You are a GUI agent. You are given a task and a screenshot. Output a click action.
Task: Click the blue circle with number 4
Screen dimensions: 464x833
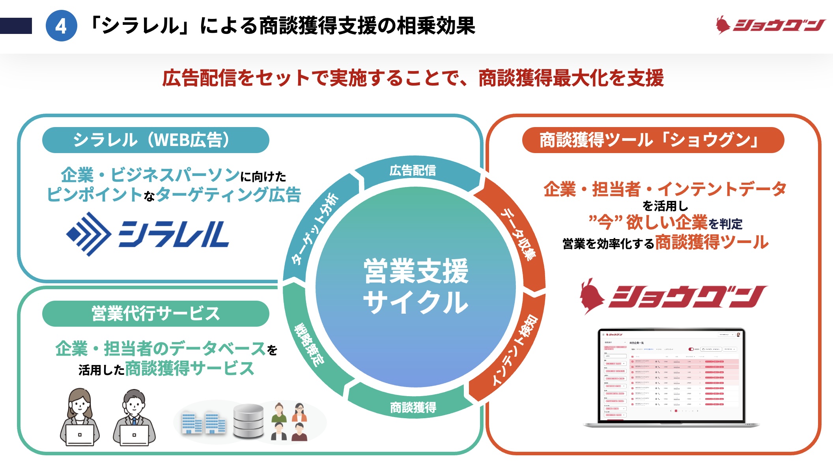61,26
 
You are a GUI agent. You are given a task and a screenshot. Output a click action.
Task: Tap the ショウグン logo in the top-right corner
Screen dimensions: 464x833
770,25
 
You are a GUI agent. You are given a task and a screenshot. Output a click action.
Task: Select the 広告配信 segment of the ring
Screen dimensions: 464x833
413,171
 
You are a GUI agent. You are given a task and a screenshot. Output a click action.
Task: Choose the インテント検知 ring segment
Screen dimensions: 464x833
515,350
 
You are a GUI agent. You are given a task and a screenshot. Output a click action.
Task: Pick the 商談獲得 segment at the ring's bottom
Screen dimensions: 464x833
413,407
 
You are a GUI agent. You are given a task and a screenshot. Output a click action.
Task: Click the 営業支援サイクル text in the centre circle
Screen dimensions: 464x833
416,286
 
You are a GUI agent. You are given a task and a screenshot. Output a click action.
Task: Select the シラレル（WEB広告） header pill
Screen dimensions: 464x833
155,140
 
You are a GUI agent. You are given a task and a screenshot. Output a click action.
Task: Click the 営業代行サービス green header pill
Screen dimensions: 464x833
155,314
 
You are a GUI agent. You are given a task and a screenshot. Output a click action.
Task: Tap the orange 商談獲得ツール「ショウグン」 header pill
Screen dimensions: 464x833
653,140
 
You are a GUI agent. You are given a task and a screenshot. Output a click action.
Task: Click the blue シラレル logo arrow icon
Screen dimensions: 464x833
88,234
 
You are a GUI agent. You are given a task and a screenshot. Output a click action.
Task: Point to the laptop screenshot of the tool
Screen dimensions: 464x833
671,377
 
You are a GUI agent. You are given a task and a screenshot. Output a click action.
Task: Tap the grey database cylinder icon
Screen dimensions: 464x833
248,421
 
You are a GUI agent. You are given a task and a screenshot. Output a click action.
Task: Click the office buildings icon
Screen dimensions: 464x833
203,422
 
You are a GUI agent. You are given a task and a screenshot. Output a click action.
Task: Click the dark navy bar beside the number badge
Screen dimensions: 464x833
16,26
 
